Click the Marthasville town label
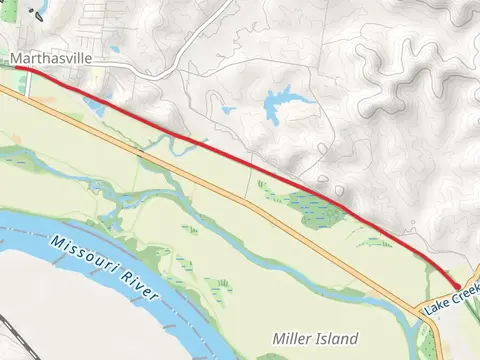pyautogui.click(x=51, y=59)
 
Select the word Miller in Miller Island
pyautogui.click(x=291, y=338)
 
